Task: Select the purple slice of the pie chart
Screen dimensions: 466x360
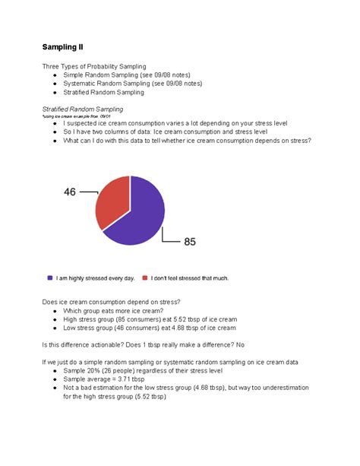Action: click(141, 217)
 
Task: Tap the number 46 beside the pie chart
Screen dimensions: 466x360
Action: click(70, 192)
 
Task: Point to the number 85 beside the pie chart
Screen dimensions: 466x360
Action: click(190, 243)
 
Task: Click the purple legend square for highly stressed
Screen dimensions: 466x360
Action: click(49, 278)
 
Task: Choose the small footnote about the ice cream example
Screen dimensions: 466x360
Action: click(77, 116)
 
